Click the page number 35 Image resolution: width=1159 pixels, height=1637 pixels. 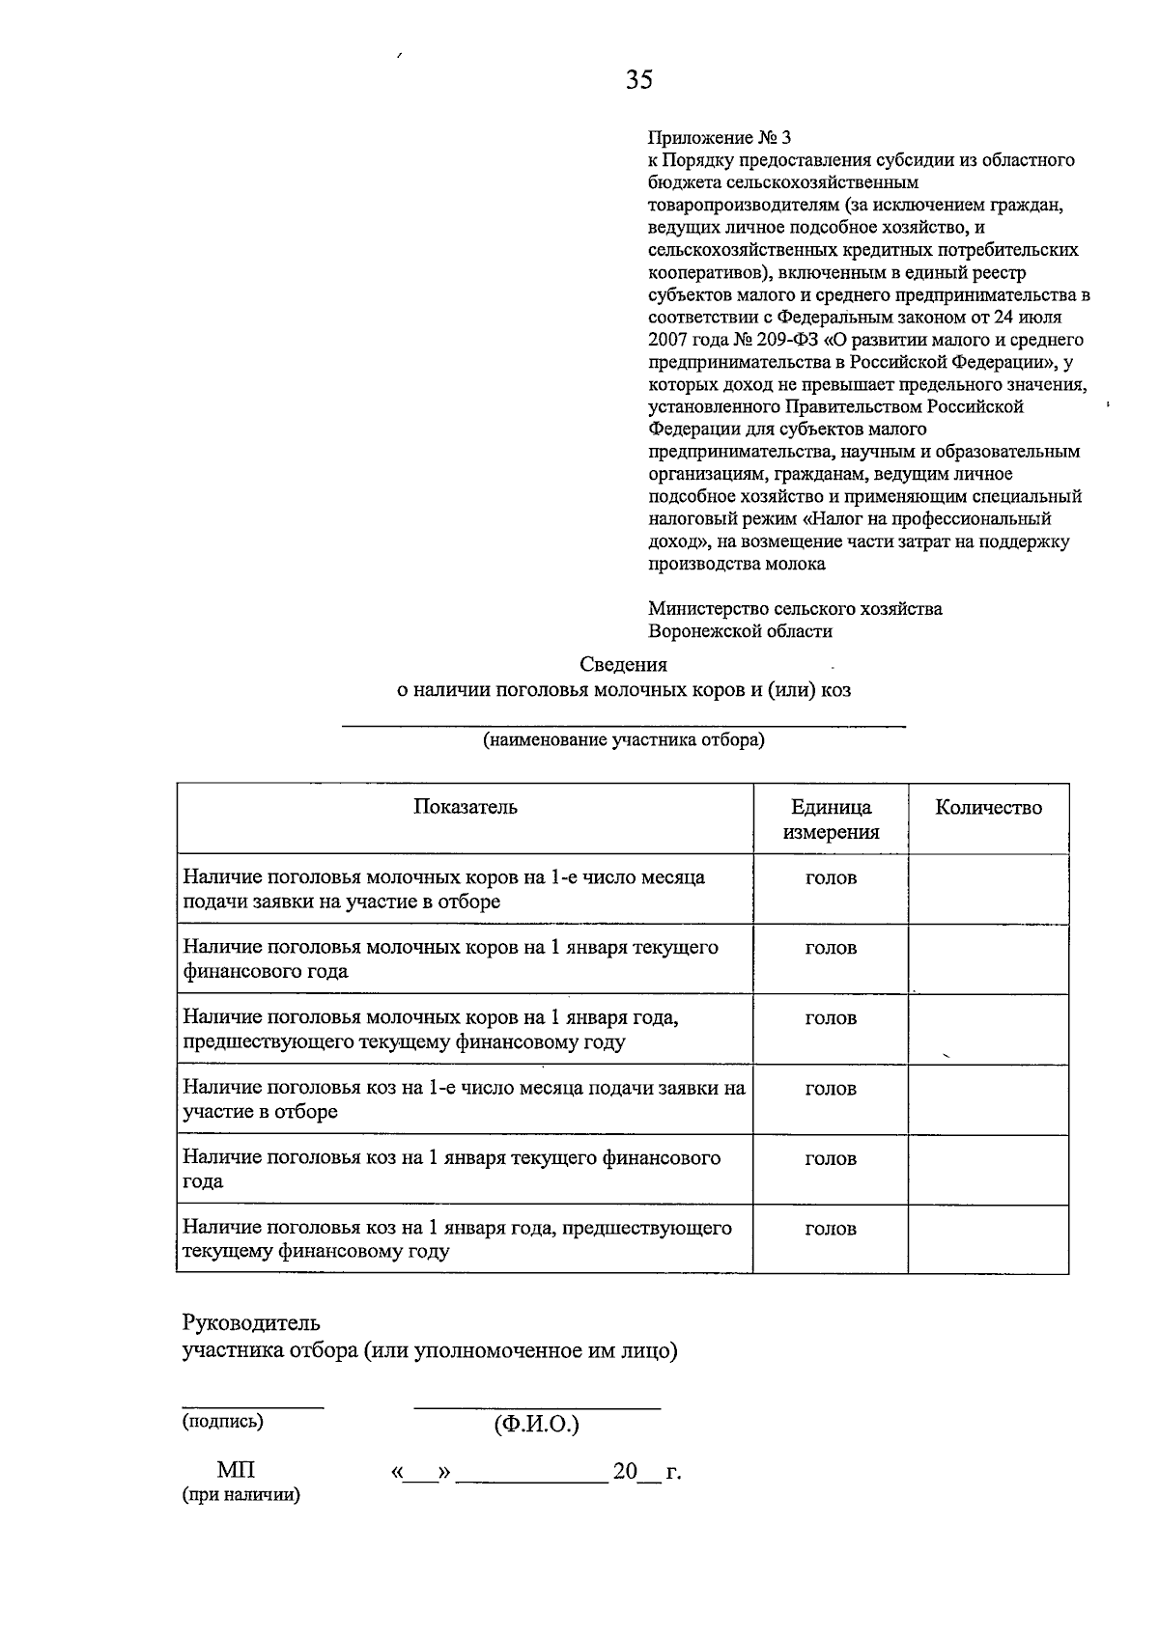click(639, 79)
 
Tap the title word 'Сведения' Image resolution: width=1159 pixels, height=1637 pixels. click(623, 664)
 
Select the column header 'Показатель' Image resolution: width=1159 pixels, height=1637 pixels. click(466, 807)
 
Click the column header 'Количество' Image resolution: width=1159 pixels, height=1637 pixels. click(988, 808)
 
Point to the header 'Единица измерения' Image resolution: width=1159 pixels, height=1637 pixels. click(831, 819)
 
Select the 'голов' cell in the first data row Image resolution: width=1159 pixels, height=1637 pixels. click(831, 877)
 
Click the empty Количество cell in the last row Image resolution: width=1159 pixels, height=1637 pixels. click(988, 1239)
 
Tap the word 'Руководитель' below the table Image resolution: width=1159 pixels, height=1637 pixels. click(251, 1322)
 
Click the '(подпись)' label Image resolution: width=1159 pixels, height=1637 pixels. click(223, 1421)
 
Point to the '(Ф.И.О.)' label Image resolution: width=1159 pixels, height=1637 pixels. click(537, 1425)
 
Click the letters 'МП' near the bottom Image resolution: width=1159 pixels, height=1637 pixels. click(236, 1470)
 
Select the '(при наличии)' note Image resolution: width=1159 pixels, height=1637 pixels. click(241, 1495)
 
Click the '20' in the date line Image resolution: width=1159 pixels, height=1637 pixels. click(625, 1472)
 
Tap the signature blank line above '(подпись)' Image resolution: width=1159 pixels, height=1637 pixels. click(253, 1407)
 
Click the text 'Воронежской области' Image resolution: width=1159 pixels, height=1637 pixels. click(740, 631)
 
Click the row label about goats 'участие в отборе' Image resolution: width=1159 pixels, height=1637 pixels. click(261, 1111)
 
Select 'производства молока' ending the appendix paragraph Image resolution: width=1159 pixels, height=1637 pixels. click(736, 564)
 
